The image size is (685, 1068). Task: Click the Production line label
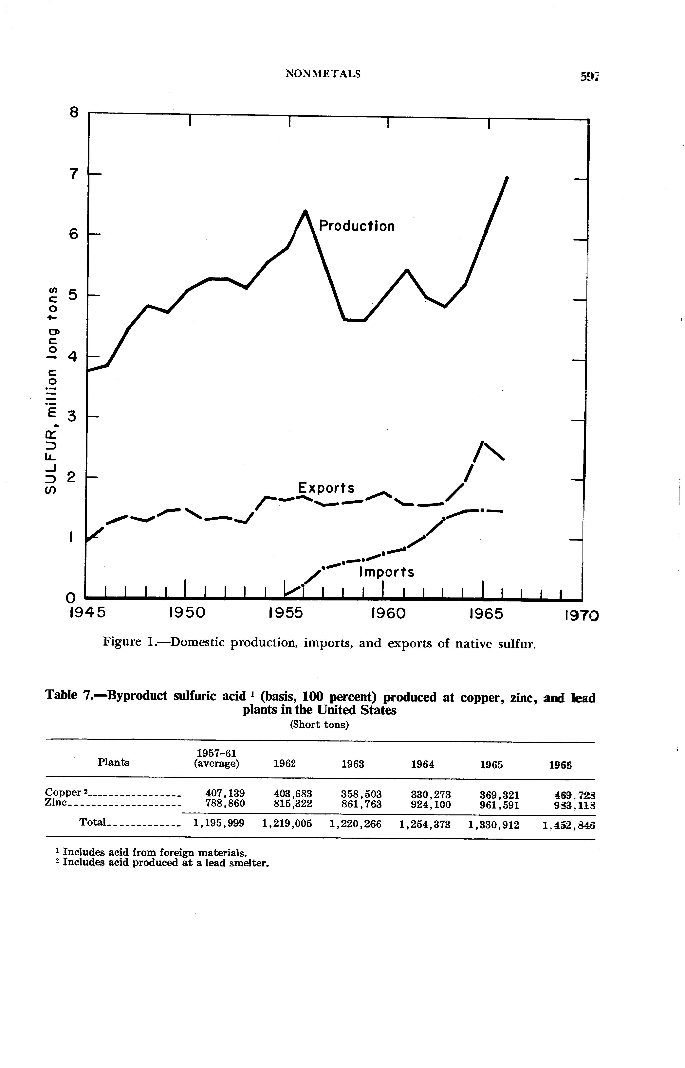357,226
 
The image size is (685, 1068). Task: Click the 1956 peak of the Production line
305,211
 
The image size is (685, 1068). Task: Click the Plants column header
113,762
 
